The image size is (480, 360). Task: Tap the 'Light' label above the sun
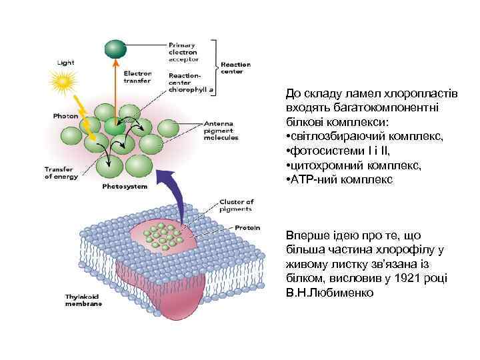click(x=65, y=61)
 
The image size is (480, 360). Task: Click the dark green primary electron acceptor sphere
click(x=115, y=47)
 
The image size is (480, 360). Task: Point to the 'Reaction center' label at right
click(x=235, y=67)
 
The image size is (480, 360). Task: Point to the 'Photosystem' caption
click(x=125, y=187)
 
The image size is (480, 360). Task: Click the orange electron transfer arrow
click(x=115, y=87)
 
